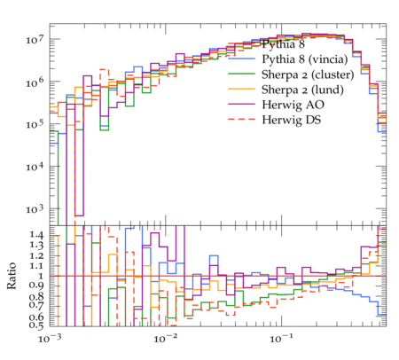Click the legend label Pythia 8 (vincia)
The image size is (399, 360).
pyautogui.click(x=305, y=59)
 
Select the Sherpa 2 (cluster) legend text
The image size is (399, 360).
pyautogui.click(x=308, y=74)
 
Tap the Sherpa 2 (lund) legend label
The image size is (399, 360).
pyautogui.click(x=302, y=90)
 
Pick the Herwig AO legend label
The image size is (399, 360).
pyautogui.click(x=293, y=105)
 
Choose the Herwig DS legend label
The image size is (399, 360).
pyautogui.click(x=292, y=120)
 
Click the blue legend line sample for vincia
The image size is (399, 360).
pyautogui.click(x=241, y=59)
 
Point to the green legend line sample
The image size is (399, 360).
pyautogui.click(x=241, y=74)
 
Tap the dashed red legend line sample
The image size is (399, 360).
pyautogui.click(x=241, y=119)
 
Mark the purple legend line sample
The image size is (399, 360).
pyautogui.click(x=241, y=104)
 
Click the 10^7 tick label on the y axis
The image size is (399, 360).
pyautogui.click(x=35, y=39)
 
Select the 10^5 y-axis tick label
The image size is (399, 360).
pyautogui.click(x=35, y=124)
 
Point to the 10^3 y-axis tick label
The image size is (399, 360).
pyautogui.click(x=35, y=208)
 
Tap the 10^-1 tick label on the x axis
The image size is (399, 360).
pyautogui.click(x=281, y=338)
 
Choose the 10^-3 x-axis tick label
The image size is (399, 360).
pyautogui.click(x=50, y=338)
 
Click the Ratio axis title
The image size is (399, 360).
pyautogui.click(x=12, y=276)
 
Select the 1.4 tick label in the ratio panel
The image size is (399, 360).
pyautogui.click(x=36, y=235)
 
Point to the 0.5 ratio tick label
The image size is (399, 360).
pyautogui.click(x=36, y=325)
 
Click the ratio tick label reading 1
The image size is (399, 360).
pyautogui.click(x=41, y=276)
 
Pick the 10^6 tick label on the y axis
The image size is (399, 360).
pyautogui.click(x=35, y=82)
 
